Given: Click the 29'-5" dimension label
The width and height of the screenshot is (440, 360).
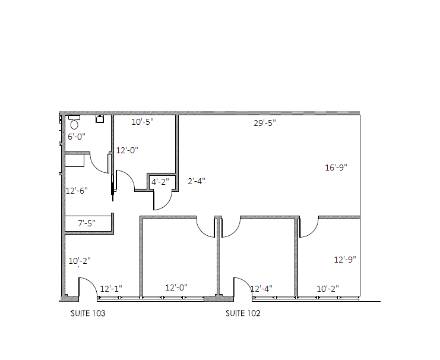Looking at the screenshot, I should pos(265,123).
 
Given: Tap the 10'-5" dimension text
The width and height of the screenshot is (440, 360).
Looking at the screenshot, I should pos(143,122).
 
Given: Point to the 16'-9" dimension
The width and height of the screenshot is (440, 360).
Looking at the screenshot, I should pos(335,168).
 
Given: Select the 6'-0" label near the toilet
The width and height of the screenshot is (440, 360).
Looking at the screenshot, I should pos(76,136).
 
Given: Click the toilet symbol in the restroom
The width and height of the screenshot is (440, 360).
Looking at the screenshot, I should pos(74,123).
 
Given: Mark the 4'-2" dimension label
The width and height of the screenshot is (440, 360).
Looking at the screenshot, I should pos(160,182).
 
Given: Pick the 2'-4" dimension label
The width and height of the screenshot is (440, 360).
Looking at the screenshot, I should pos(197,181).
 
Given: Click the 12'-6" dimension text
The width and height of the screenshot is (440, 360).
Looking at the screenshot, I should pos(76,191).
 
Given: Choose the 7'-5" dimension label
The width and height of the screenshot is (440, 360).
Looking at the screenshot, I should pos(87,223).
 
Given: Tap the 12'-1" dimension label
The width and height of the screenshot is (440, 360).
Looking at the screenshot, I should pos(111,289).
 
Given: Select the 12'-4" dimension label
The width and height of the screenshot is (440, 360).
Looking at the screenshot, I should pos(261,289).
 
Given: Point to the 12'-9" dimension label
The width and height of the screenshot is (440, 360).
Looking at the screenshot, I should pos(344,260).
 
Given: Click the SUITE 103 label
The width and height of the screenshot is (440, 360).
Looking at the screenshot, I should pos(88,313).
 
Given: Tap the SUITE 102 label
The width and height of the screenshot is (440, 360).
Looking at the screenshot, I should pos(242,313).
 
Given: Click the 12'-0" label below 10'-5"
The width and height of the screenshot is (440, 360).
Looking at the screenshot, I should pos(126,150).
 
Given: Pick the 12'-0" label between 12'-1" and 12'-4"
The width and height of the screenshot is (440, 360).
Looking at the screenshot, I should pos(176,288).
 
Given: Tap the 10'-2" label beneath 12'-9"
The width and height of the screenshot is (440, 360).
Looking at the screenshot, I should pos(328,289).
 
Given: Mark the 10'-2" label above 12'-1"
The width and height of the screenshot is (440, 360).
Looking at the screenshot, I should pos(80,261).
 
